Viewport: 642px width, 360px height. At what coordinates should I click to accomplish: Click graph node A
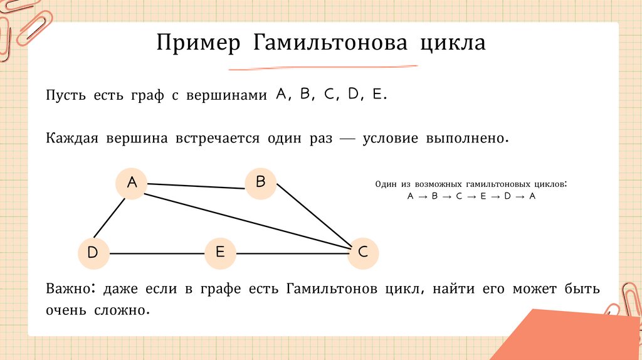[132, 183]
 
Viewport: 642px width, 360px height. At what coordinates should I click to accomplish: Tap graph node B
[261, 183]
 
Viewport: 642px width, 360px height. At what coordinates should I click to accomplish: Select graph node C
[363, 253]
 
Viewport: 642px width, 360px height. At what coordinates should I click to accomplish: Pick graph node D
[93, 253]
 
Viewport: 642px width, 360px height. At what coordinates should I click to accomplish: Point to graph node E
[220, 253]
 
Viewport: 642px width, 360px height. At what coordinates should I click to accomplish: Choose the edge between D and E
[156, 253]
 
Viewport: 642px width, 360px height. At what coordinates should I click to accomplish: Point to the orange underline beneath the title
[323, 66]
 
